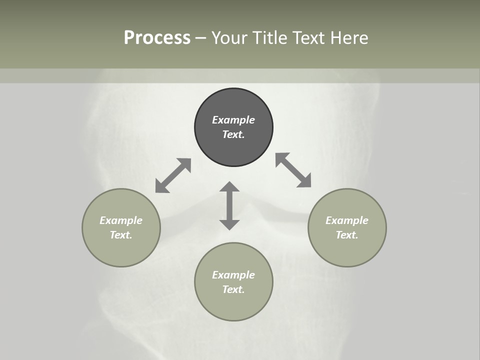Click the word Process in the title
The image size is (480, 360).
pos(157,38)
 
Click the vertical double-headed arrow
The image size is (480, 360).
pos(229,205)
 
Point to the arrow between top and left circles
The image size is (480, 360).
pos(173,175)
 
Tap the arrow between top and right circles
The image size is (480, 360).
pos(293,170)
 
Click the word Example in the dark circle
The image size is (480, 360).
pos(233,120)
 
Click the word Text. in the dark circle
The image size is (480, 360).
pos(233,134)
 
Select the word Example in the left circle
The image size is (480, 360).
pos(121,220)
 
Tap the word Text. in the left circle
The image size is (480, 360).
pos(121,235)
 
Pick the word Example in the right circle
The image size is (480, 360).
pos(347,220)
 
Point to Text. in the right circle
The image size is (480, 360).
pos(347,235)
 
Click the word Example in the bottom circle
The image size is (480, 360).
pos(233,275)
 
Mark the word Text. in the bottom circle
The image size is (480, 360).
pos(233,289)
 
